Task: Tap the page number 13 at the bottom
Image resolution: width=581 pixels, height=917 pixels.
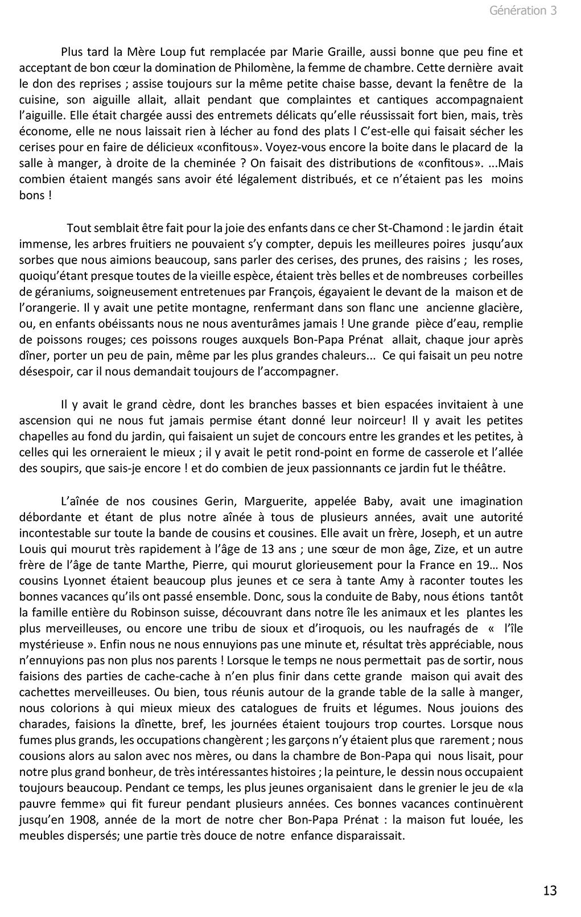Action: click(550, 890)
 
